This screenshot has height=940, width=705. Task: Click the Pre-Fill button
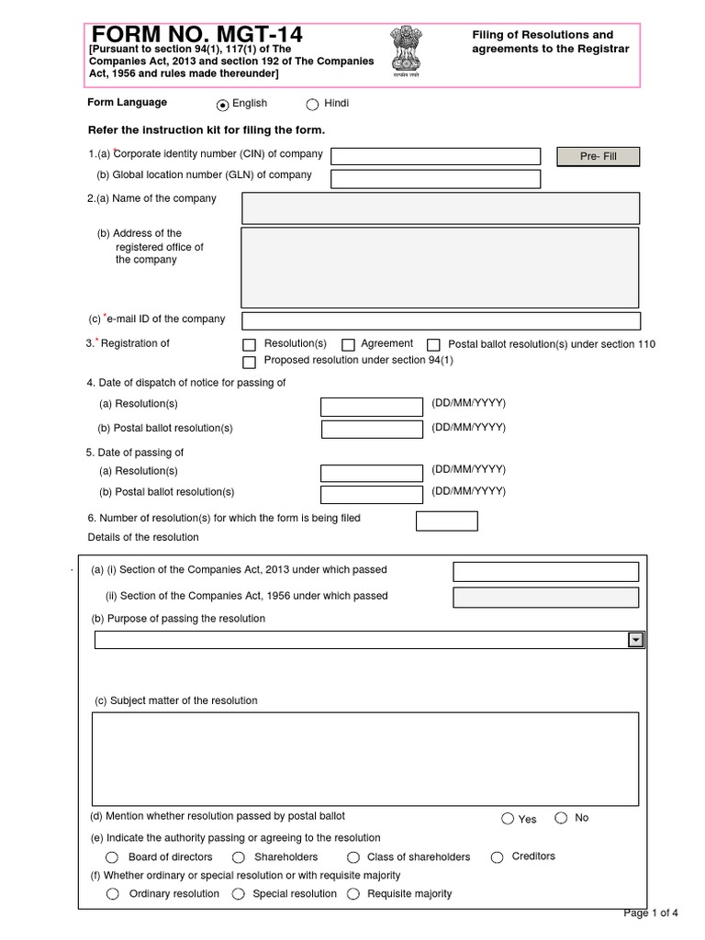(598, 156)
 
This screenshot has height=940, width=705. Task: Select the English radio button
(222, 105)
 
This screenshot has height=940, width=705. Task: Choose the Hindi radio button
(312, 105)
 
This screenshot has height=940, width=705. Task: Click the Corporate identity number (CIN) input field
(435, 156)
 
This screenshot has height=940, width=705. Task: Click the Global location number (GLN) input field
(435, 178)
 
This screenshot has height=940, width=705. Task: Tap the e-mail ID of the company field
(440, 320)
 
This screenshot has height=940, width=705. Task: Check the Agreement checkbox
(349, 345)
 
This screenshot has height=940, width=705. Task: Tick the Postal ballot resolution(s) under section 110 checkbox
(434, 345)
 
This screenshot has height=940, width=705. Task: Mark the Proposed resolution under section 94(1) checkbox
(249, 362)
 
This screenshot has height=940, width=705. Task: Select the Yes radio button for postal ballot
(508, 819)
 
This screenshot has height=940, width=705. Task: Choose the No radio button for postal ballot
(561, 819)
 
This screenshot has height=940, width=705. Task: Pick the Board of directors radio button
(113, 857)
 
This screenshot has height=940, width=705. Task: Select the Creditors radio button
(498, 857)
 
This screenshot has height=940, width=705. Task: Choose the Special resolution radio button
(238, 894)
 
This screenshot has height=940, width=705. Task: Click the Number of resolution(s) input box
(446, 521)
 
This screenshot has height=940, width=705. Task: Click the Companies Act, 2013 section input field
(545, 572)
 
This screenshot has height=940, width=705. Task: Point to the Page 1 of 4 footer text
(651, 912)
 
